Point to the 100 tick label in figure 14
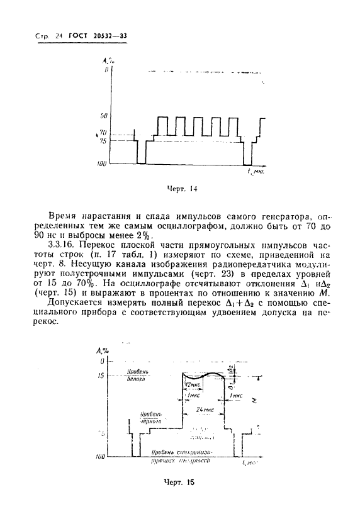pos(102,164)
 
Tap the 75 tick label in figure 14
pos(103,141)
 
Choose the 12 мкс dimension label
pos(192,384)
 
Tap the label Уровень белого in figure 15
pos(136,376)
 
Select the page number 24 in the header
pos(59,36)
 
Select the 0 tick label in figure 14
pos(106,70)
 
